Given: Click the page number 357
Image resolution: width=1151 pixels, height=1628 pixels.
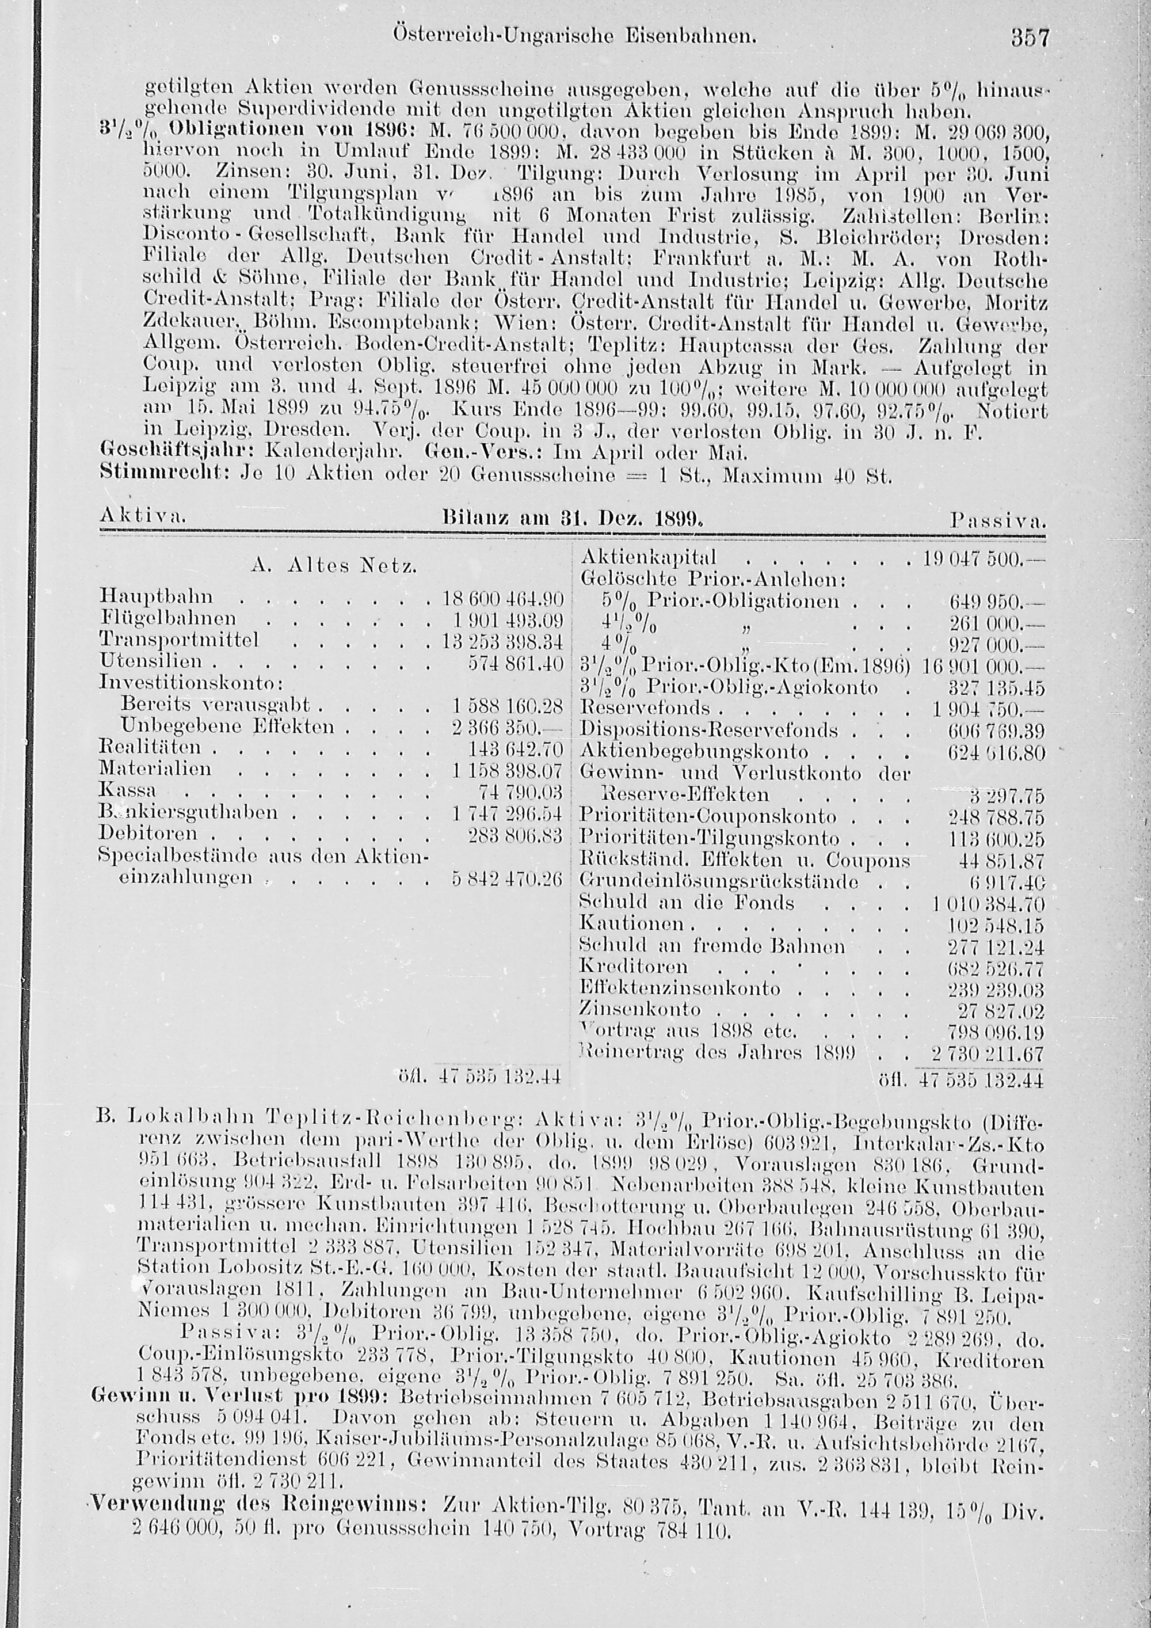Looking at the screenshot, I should pos(1029,58).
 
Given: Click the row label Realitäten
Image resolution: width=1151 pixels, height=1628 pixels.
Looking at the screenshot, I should pos(150,747).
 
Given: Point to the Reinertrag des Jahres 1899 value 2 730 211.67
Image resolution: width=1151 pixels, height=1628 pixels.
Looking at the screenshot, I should pos(989,1052).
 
